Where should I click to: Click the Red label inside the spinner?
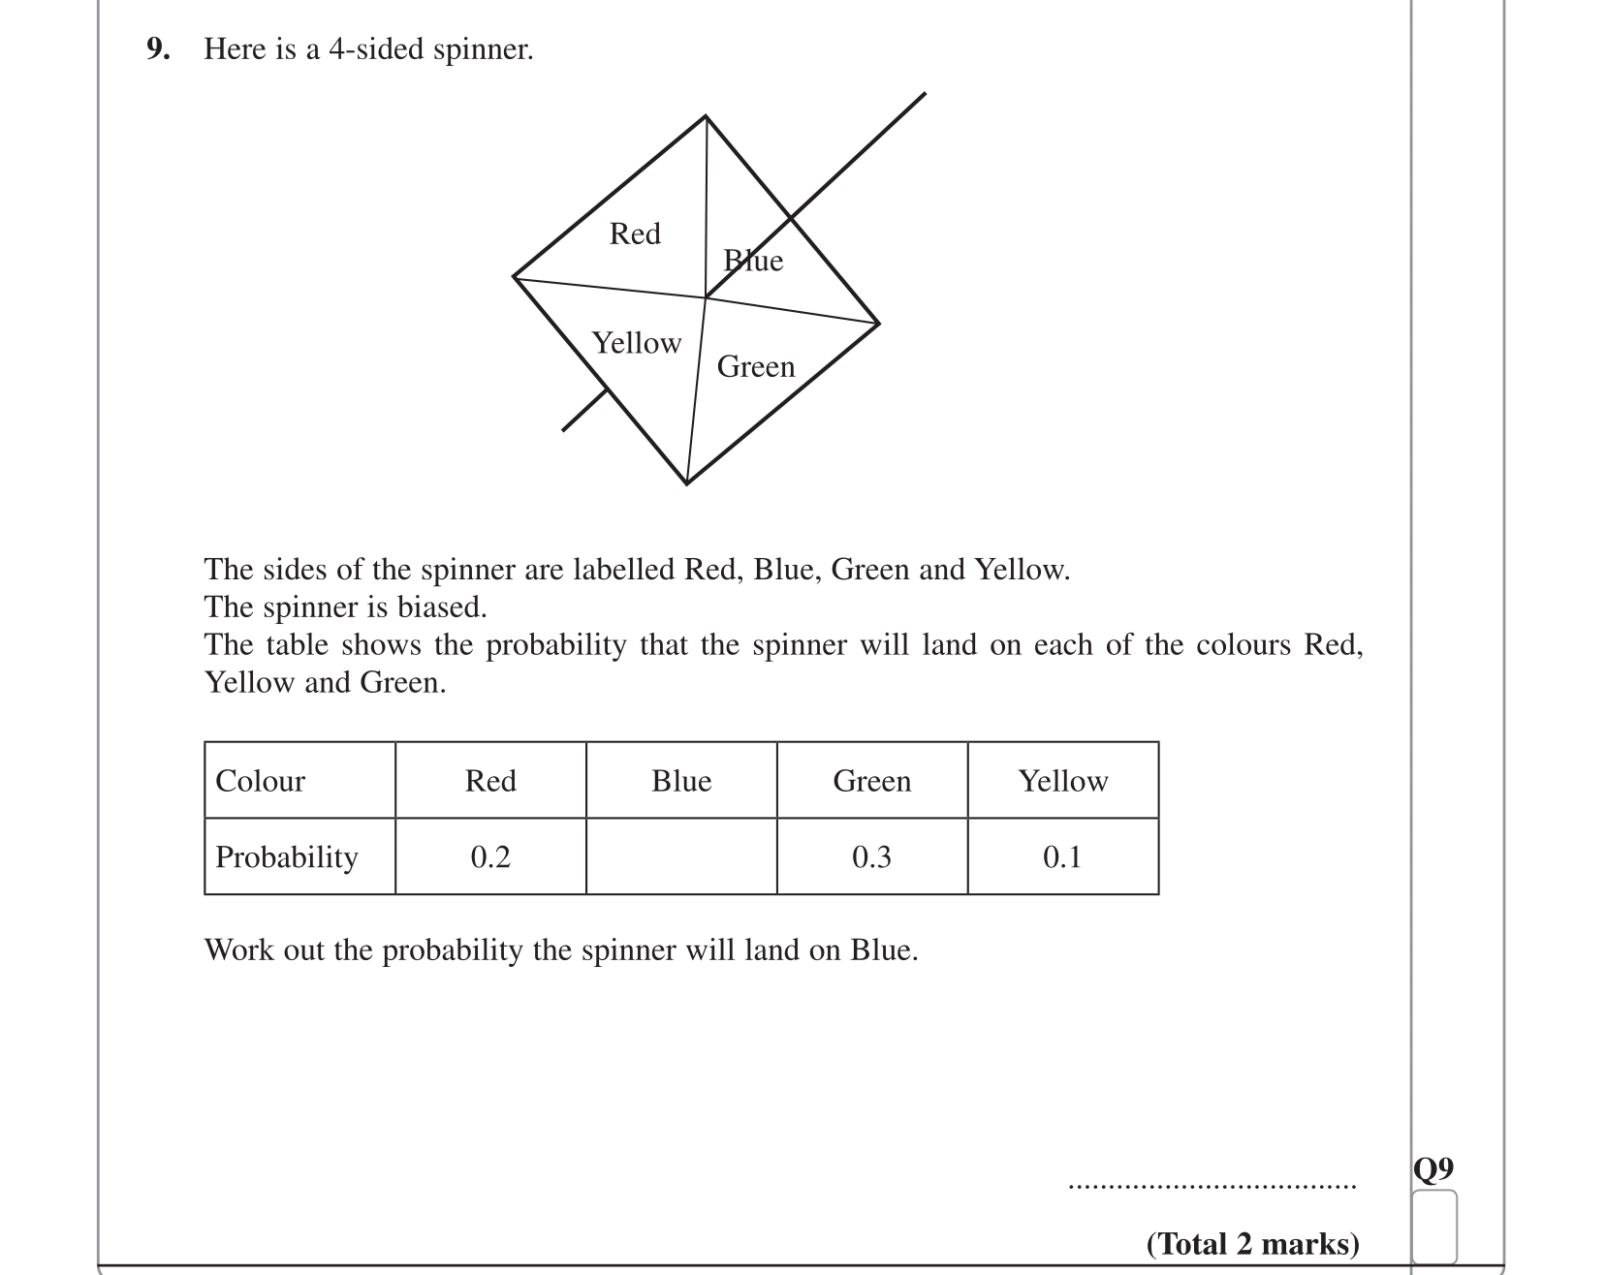click(x=635, y=233)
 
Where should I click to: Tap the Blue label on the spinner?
click(x=753, y=260)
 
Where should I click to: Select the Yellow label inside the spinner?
click(x=637, y=343)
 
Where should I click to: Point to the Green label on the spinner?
click(x=756, y=366)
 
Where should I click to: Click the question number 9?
click(x=157, y=48)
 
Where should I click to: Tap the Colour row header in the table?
click(x=260, y=781)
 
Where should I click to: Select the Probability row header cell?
click(x=287, y=856)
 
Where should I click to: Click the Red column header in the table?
click(x=490, y=781)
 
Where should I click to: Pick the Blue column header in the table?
click(x=681, y=781)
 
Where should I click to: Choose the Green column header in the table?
click(x=872, y=781)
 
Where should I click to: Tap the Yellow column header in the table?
click(x=1062, y=781)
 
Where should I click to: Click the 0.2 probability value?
click(x=490, y=856)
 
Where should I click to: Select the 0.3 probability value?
click(x=872, y=856)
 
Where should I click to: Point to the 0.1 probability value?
click(x=1062, y=856)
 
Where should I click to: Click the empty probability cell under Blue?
click(x=681, y=856)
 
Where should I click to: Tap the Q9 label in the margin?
click(x=1433, y=1168)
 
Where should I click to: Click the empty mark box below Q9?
click(x=1433, y=1226)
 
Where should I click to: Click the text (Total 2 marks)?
click(x=1252, y=1244)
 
